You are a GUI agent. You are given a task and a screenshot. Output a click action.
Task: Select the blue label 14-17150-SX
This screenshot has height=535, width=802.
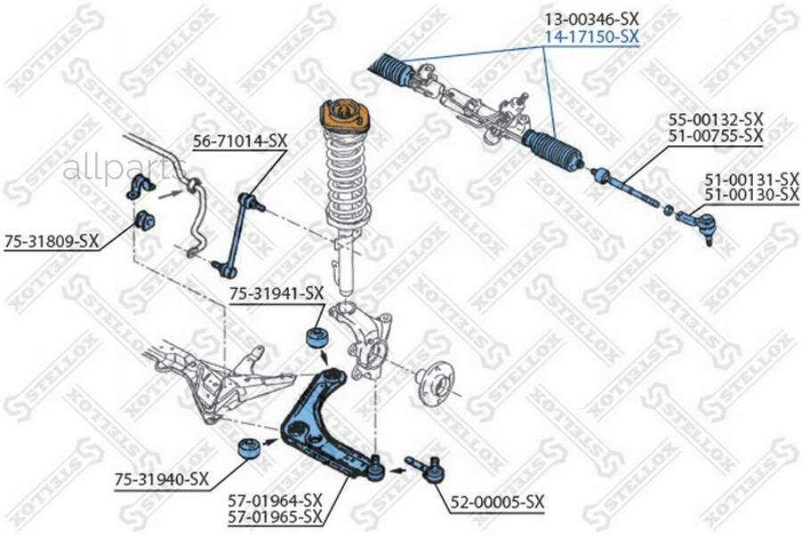point(592,37)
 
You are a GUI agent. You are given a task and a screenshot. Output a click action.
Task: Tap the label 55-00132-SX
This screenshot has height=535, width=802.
point(716,119)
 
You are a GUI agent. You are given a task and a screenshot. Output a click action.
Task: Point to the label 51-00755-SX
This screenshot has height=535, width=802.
point(716,136)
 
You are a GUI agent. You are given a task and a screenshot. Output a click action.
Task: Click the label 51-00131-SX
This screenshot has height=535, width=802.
point(751,178)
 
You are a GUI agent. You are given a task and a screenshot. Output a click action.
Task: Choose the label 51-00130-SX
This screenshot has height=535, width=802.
point(751,193)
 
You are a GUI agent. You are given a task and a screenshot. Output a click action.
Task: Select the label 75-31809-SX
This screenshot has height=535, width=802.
point(51,240)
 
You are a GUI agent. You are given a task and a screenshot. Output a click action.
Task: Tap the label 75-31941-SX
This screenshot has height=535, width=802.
point(276,292)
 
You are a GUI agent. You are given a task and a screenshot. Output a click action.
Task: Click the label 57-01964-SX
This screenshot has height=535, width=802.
point(276,499)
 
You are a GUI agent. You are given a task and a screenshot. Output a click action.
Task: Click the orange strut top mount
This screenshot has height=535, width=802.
point(344,116)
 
